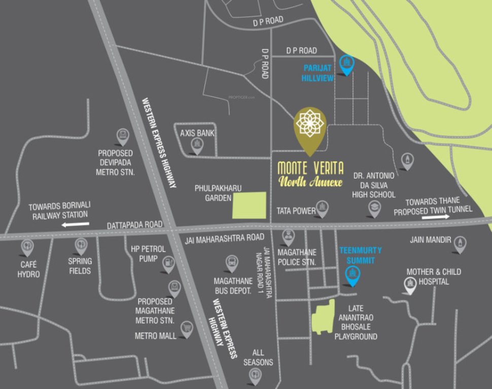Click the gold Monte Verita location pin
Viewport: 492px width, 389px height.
[310, 127]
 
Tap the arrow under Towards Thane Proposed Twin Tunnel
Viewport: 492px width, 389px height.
[435, 217]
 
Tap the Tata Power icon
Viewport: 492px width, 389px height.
[322, 208]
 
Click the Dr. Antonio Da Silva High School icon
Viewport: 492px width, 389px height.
[374, 208]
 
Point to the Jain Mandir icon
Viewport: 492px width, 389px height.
[460, 244]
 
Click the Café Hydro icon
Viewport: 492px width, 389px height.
[27, 247]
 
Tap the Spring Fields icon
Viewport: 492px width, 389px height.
[81, 246]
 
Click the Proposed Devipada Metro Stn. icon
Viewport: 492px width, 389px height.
[123, 136]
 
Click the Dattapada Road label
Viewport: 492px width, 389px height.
[135, 224]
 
